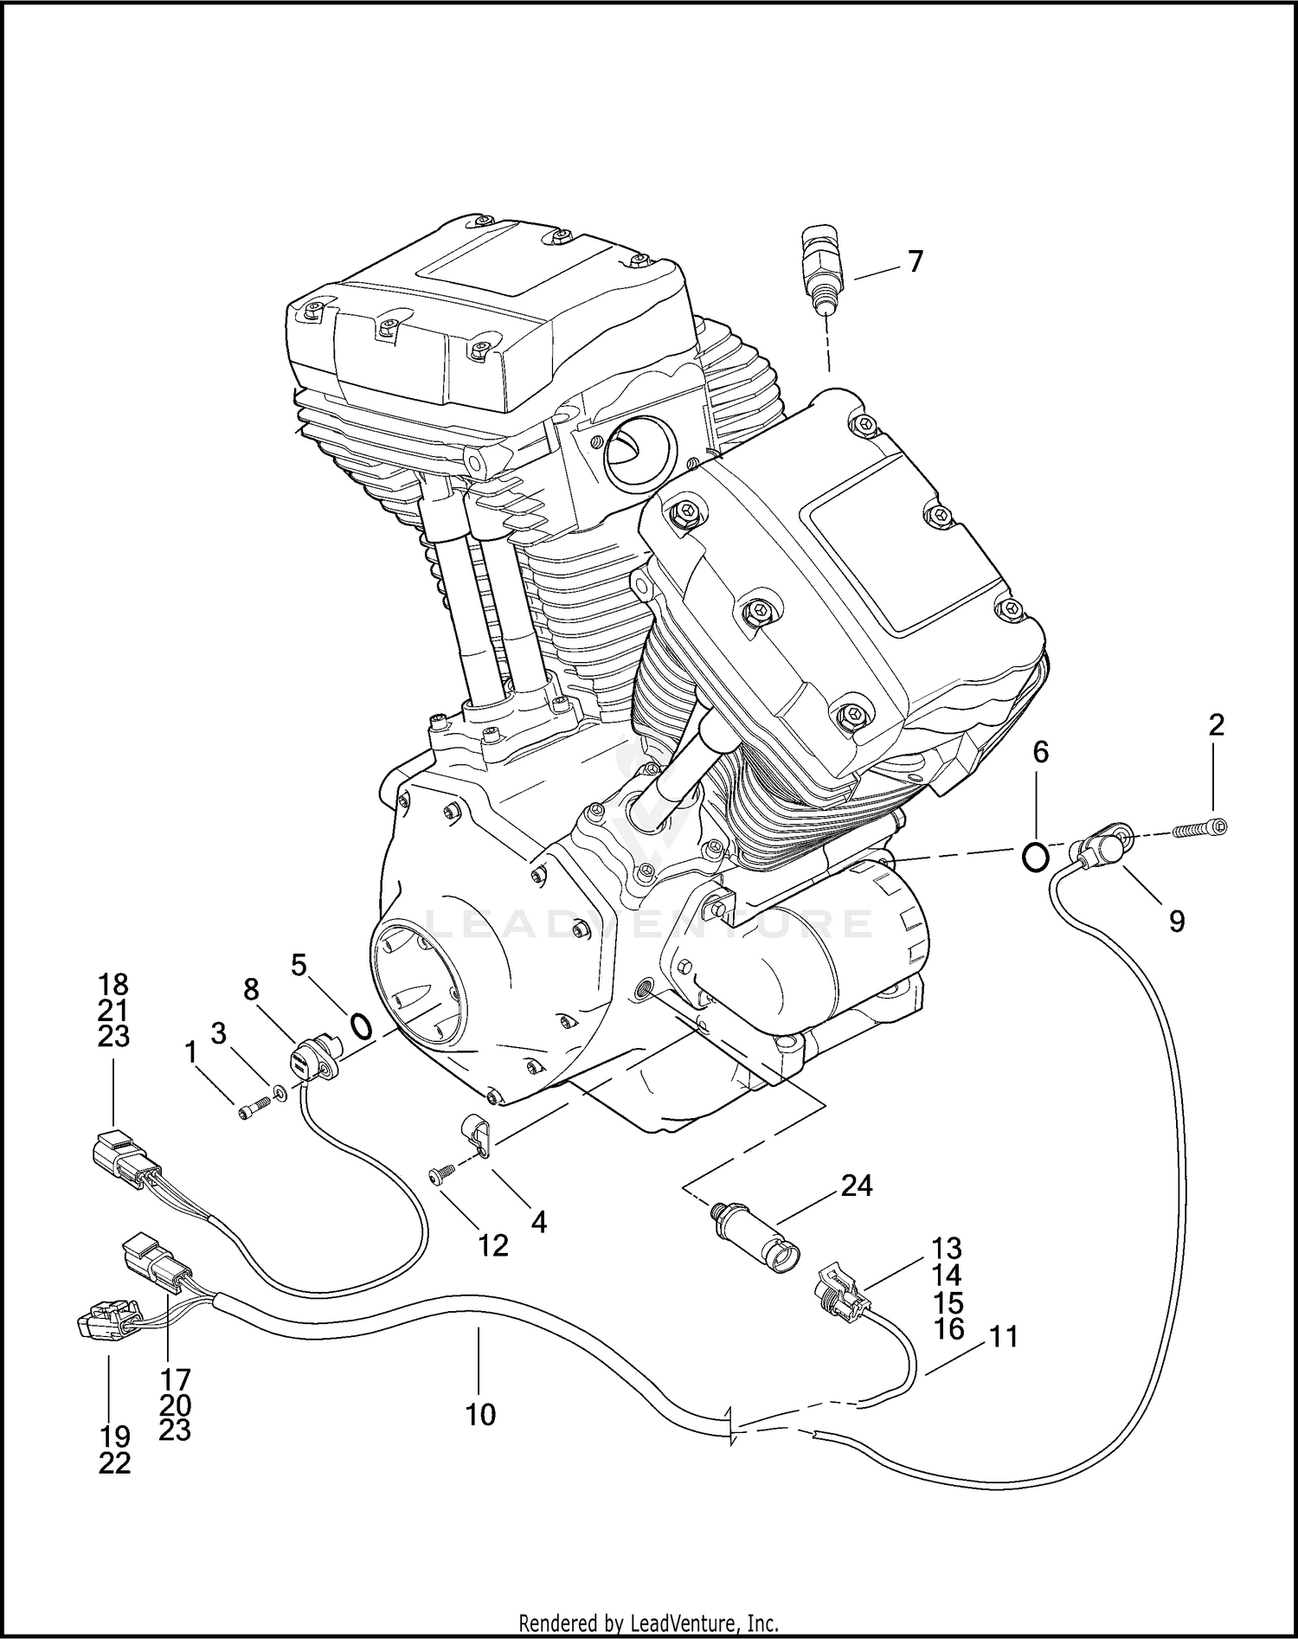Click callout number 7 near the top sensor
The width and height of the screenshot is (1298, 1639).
(x=916, y=261)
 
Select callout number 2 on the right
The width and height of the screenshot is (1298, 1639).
(x=1216, y=725)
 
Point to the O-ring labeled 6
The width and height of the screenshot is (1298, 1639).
(x=1036, y=856)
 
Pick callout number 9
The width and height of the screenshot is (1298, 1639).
(x=1177, y=922)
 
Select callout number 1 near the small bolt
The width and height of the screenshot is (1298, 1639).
(x=190, y=1052)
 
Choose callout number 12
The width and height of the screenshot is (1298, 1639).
(x=493, y=1245)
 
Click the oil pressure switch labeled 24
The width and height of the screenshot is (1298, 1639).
(x=753, y=1232)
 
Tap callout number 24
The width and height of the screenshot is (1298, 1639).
(x=857, y=1185)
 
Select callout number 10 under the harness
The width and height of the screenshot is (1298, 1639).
(x=480, y=1415)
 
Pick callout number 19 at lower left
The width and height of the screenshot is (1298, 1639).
(x=114, y=1437)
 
